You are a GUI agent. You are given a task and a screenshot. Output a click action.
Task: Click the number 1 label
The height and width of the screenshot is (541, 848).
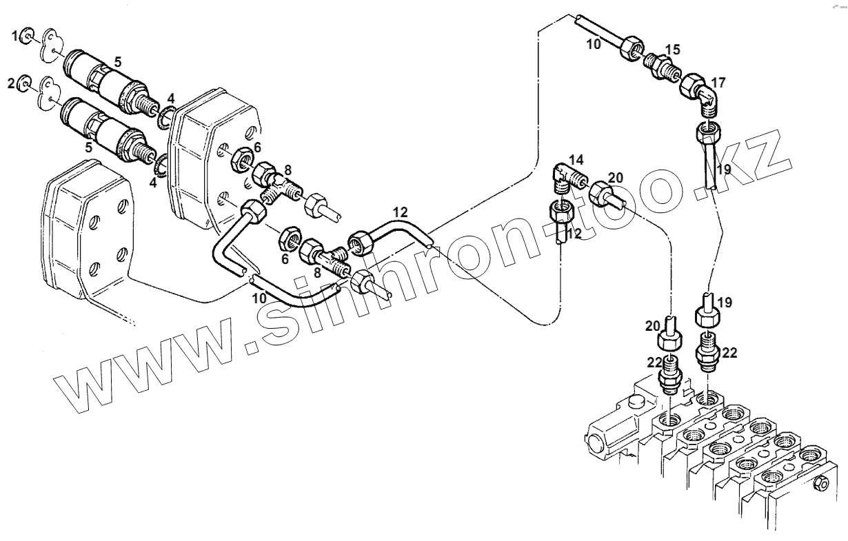[x=14, y=36]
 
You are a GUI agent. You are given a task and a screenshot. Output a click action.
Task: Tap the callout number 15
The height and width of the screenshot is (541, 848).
[x=672, y=49]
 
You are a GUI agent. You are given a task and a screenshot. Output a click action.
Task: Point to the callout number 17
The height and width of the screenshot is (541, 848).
[x=718, y=83]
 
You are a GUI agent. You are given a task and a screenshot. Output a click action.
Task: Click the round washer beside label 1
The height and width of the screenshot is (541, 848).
[x=28, y=36]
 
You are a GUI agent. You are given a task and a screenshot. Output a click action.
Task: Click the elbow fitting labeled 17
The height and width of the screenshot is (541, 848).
[x=705, y=99]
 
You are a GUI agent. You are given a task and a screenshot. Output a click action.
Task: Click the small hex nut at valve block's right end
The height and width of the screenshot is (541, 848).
[x=820, y=484]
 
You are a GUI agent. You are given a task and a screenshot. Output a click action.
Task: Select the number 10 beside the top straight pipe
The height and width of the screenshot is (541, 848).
[x=594, y=44]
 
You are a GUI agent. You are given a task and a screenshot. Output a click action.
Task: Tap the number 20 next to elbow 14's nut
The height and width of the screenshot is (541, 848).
[x=616, y=177]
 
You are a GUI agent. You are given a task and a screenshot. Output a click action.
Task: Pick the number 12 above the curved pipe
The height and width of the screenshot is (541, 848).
[x=401, y=211]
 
